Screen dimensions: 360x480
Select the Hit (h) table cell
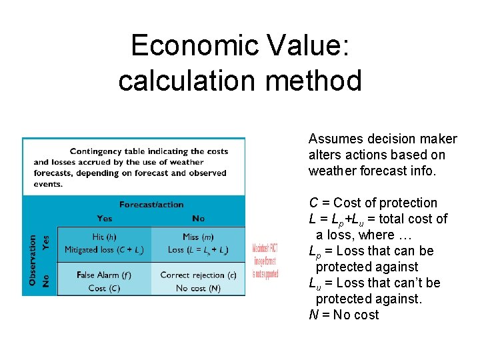pos(105,243)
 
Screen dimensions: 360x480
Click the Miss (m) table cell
pos(198,243)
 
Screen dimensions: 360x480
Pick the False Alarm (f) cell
pos(105,281)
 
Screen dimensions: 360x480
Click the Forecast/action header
pos(151,204)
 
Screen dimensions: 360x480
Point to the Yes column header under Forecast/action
pos(105,218)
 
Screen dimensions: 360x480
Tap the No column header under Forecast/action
pos(198,218)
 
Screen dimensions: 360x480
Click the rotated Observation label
pos(33,260)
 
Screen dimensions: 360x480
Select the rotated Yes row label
pos(46,243)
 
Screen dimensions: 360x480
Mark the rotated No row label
pos(46,281)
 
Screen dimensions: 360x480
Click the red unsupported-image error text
pos(265,261)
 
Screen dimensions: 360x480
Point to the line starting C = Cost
pos(373,203)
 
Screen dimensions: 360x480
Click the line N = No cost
pos(343,315)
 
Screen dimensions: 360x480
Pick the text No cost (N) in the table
pos(198,288)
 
